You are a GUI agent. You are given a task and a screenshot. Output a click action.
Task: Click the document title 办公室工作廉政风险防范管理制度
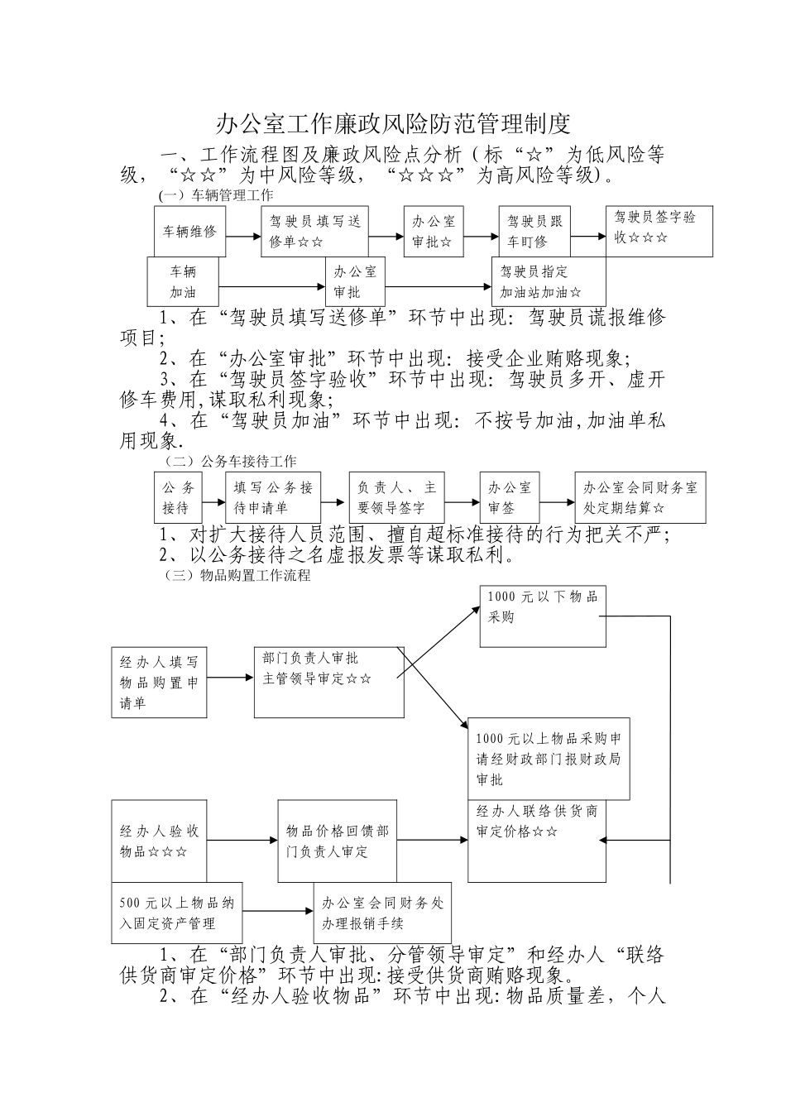393,124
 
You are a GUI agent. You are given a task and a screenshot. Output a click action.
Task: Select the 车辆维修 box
189,231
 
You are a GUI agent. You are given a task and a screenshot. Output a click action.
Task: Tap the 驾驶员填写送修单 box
315,231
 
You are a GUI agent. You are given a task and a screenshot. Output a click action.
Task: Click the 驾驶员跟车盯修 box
534,231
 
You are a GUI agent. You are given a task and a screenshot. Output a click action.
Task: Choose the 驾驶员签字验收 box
659,231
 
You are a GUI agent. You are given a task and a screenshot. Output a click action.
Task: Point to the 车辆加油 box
184,281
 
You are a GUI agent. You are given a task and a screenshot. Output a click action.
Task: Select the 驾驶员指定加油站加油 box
549,281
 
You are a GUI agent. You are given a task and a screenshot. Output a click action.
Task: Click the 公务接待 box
179,497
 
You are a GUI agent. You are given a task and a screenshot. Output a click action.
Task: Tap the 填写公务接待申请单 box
273,497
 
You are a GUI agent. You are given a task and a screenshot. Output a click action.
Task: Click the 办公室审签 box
510,497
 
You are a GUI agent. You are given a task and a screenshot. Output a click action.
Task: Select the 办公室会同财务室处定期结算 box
640,497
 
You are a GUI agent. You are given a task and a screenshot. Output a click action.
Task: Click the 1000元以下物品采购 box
543,616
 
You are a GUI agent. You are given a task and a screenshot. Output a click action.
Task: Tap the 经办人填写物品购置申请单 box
160,683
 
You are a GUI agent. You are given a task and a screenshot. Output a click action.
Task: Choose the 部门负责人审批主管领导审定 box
328,683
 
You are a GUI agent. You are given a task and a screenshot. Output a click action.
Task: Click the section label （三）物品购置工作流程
237,576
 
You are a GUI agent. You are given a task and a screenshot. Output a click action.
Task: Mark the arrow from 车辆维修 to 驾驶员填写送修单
243,236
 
